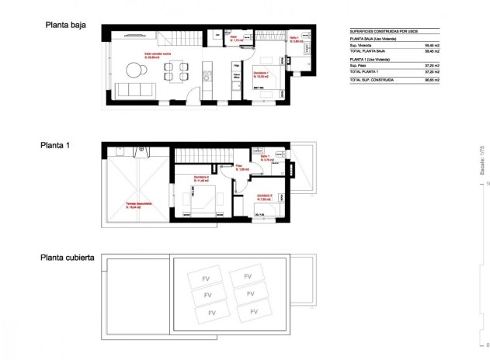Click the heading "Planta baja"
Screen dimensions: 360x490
[64, 25]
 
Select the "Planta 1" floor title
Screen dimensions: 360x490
[57, 145]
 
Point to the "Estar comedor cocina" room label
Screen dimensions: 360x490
[158, 55]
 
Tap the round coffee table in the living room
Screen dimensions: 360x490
[137, 71]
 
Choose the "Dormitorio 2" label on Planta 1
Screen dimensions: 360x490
[202, 178]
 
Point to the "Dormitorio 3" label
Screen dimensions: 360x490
[264, 196]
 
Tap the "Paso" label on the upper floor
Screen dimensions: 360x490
[240, 166]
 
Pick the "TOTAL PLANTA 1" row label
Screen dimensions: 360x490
[367, 72]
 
